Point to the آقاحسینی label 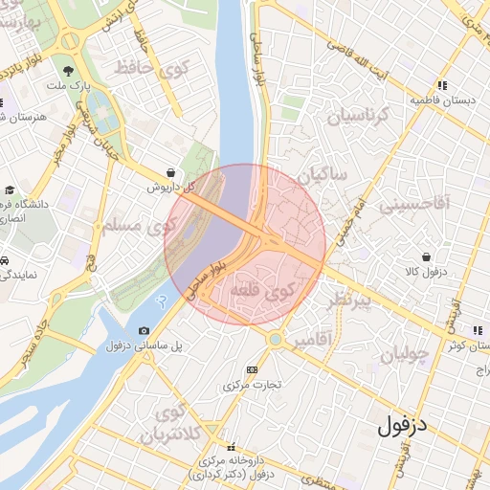[x=412, y=205]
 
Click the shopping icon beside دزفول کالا [x=426, y=257]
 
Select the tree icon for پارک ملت [x=67, y=71]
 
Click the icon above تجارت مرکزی [x=252, y=369]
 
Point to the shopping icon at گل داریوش [x=170, y=172]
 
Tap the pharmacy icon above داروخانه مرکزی [x=230, y=447]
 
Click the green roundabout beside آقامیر [x=275, y=338]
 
